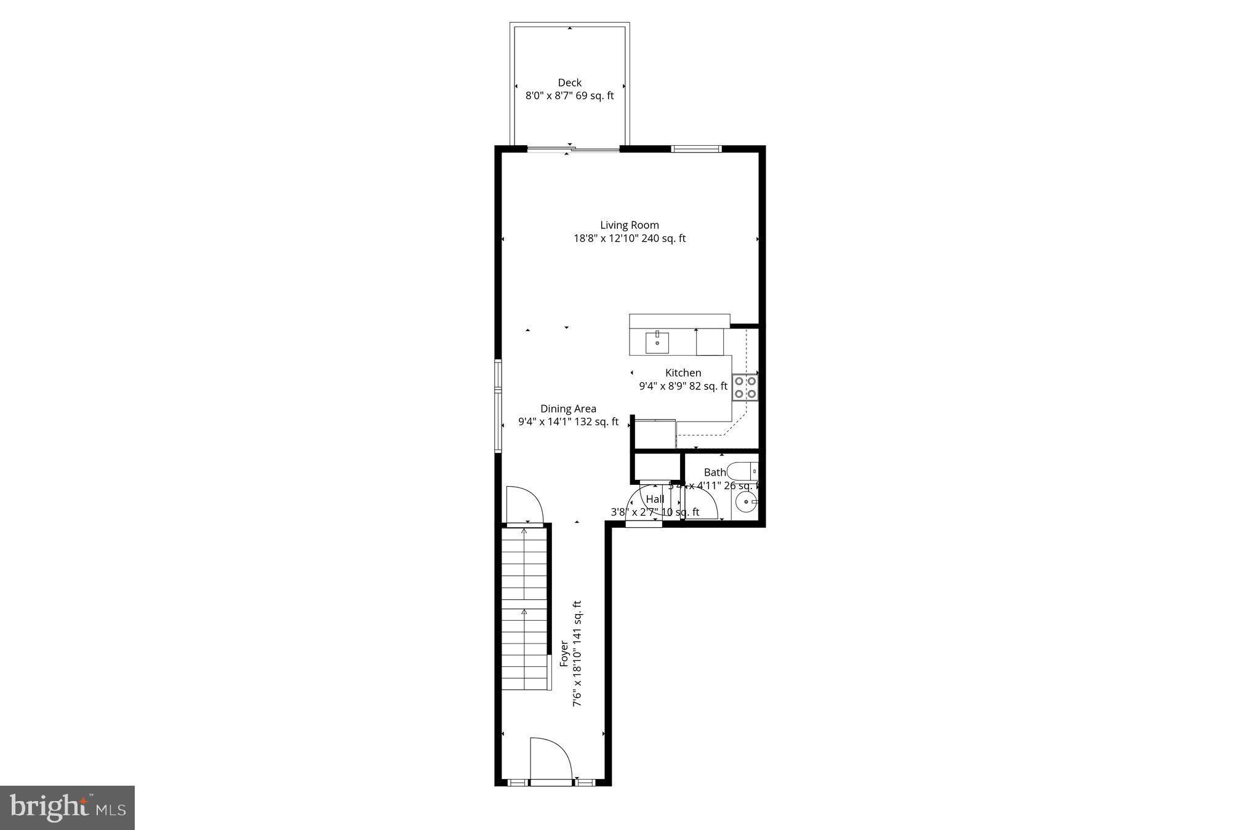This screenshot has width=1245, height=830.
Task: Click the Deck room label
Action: (569, 82)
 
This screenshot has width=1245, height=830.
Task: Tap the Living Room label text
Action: (629, 225)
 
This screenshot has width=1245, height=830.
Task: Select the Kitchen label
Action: (683, 373)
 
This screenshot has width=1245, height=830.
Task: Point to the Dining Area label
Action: (568, 409)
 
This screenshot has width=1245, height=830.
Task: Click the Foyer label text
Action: (564, 653)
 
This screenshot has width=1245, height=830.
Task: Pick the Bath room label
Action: (715, 473)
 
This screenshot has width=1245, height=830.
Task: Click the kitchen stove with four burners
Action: (745, 387)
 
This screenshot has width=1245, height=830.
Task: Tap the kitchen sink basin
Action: (657, 343)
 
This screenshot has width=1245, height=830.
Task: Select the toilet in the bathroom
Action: (743, 472)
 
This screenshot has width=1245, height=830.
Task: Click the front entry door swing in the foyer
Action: (551, 759)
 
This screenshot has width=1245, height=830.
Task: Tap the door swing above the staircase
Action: (524, 505)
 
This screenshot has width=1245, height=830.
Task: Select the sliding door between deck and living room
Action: (573, 149)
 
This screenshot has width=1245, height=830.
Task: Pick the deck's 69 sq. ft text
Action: (594, 96)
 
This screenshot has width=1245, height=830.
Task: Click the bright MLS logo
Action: (67, 807)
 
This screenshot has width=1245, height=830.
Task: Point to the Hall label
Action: (655, 499)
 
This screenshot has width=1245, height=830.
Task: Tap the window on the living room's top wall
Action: (695, 148)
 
